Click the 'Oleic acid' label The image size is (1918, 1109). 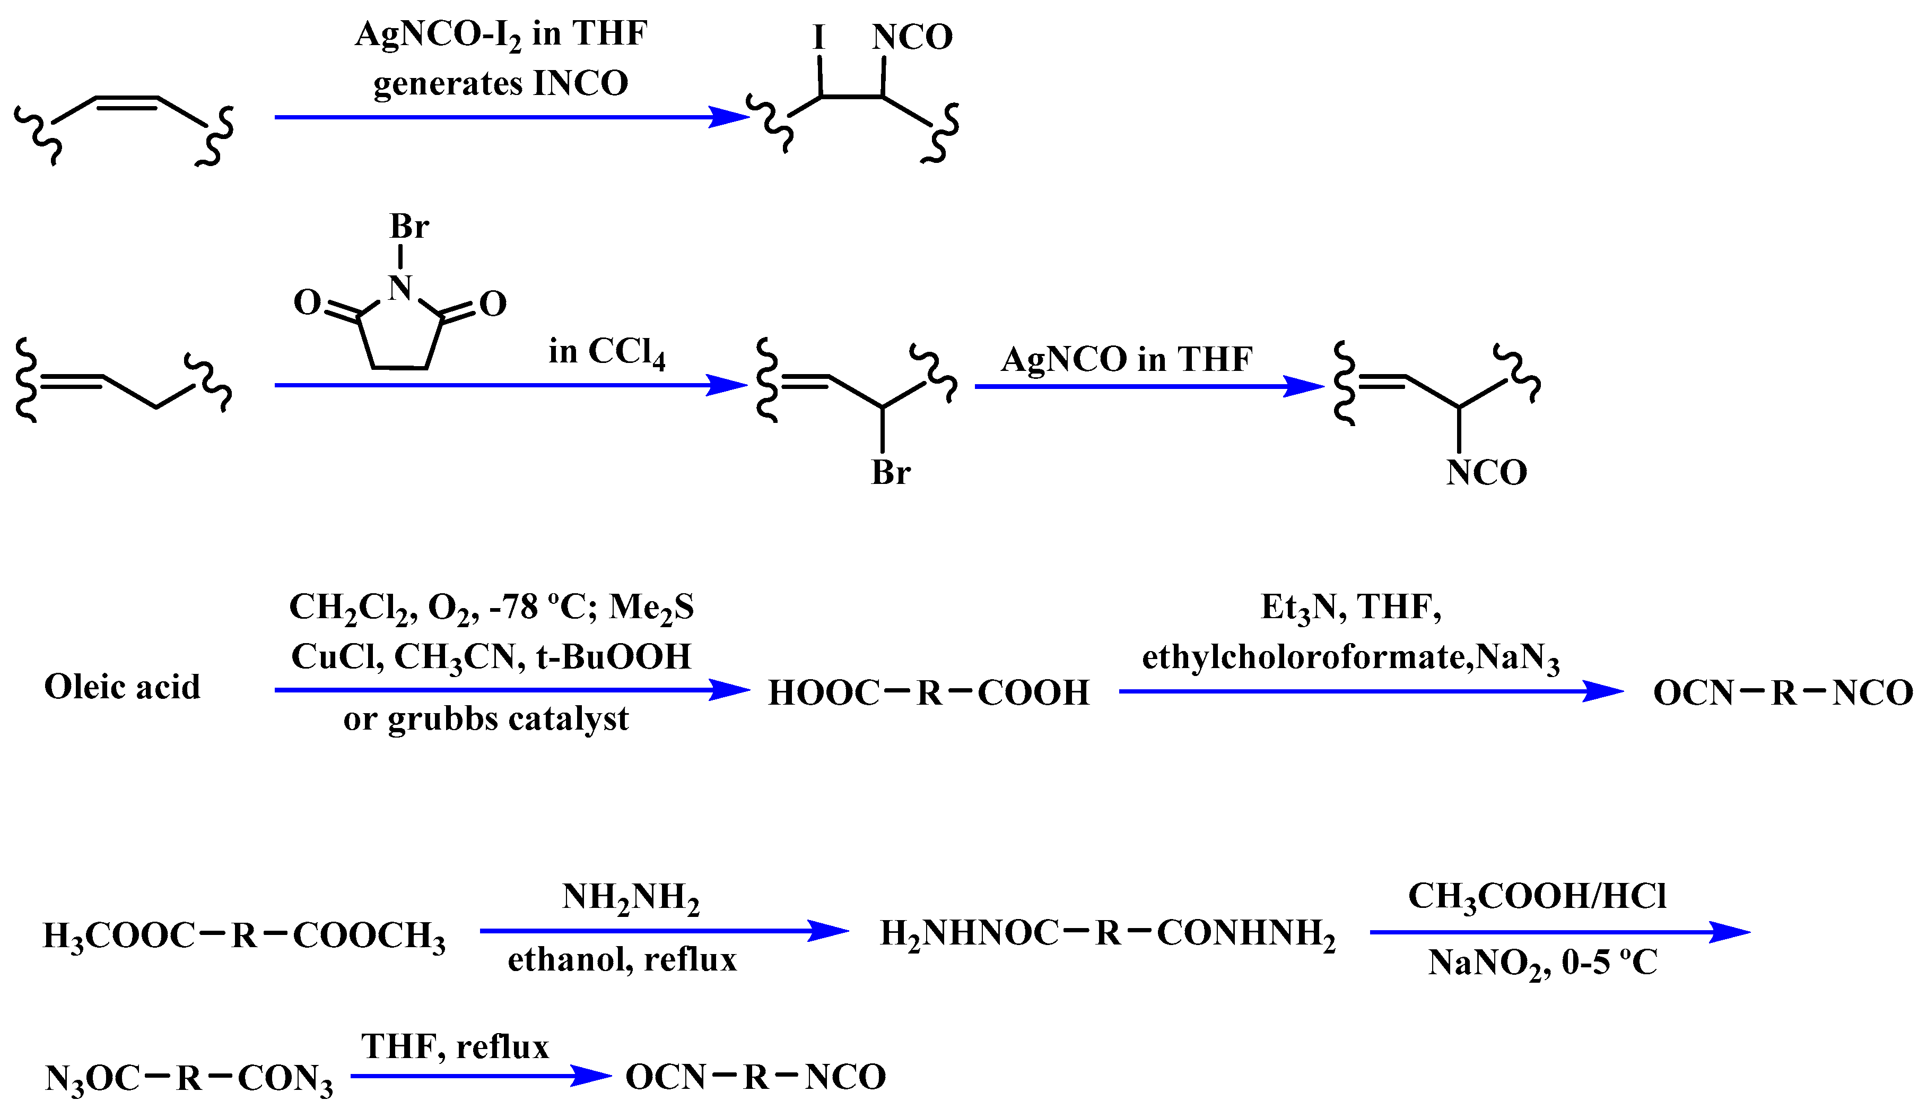tap(123, 687)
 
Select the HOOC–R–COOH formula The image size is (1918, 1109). tap(929, 692)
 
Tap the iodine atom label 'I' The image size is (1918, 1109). tap(819, 37)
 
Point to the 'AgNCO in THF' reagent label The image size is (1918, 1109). tap(1127, 359)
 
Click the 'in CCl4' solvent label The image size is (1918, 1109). tap(607, 352)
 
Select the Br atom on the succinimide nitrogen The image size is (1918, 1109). tap(409, 226)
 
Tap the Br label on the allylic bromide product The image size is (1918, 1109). tap(891, 473)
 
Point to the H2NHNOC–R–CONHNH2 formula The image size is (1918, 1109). tap(1108, 934)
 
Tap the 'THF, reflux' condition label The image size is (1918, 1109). tap(455, 1046)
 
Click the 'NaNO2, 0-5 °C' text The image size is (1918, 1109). tap(1543, 964)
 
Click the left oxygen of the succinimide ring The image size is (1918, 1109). tap(308, 303)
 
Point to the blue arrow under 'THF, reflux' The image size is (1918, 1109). tap(481, 1076)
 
